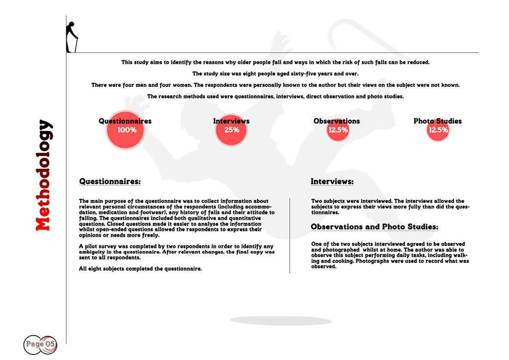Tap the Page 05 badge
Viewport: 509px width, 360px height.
tap(40, 343)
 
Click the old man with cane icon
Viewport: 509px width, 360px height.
tap(72, 37)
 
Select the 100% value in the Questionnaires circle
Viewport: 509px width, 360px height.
tap(127, 130)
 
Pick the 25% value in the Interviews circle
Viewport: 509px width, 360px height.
tap(232, 130)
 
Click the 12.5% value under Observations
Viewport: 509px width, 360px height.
tap(338, 130)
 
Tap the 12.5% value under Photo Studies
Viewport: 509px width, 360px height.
tap(438, 130)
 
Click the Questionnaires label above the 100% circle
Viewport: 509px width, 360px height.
tap(125, 121)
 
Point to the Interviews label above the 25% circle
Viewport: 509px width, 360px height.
tap(231, 121)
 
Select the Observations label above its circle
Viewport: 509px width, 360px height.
tap(337, 121)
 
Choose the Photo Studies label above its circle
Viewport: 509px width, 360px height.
tap(438, 121)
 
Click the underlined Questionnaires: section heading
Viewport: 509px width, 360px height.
tap(110, 182)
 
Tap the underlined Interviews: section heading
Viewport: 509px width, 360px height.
tap(332, 182)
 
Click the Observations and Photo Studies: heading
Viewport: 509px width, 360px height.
tap(374, 227)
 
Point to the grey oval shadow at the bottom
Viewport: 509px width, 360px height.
tap(281, 321)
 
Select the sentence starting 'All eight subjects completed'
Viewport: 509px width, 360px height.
tap(141, 269)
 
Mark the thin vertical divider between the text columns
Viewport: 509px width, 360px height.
tap(290, 235)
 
